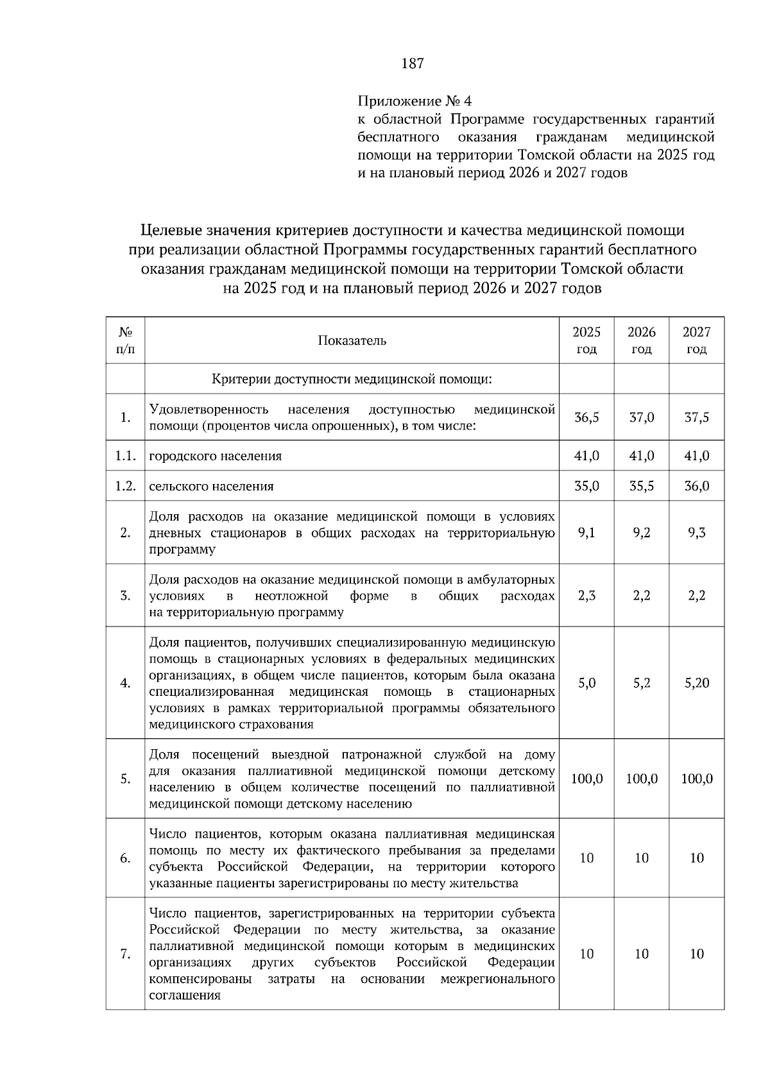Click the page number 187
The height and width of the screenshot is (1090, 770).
413,64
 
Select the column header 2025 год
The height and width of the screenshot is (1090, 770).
586,340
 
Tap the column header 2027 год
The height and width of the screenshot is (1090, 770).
696,340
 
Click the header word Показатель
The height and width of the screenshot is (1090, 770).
352,340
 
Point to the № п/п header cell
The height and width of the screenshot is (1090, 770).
125,340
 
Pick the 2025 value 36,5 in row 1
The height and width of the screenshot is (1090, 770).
586,417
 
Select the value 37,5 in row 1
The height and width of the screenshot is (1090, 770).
696,417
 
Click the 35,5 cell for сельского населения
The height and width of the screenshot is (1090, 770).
642,486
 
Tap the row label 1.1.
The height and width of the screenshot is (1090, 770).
125,456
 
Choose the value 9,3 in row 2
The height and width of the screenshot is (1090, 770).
696,532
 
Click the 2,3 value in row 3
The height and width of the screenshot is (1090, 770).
586,595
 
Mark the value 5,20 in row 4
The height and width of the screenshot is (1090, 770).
696,683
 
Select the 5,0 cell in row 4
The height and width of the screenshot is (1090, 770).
586,683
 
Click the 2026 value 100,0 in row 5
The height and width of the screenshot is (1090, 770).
642,779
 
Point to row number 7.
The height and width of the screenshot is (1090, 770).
125,954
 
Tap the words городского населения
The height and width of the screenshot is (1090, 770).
216,456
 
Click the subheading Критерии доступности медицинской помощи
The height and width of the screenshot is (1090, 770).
352,379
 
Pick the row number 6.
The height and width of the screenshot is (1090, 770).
125,858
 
